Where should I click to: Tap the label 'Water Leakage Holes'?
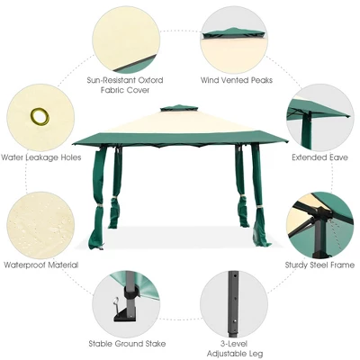pos(40,157)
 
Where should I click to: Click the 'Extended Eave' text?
pos(321,157)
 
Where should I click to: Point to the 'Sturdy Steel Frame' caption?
pos(319,265)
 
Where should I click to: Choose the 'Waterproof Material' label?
pos(40,265)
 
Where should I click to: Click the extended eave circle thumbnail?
pos(320,115)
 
